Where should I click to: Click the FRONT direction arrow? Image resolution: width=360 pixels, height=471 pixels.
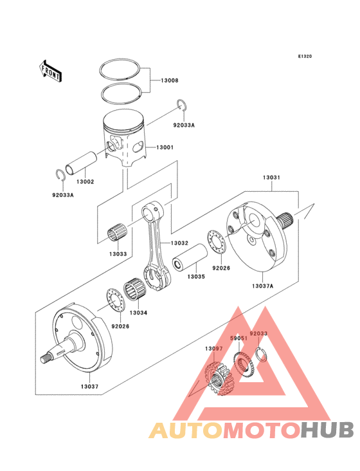coord(50,71)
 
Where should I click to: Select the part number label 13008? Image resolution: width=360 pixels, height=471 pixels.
coord(170,80)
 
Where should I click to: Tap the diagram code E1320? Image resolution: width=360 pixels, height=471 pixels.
coord(305,56)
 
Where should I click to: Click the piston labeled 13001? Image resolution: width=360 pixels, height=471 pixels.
coord(124,138)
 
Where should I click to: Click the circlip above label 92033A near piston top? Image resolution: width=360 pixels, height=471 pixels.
coord(182,105)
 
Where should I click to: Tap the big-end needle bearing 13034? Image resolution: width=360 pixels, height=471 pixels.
coord(136,289)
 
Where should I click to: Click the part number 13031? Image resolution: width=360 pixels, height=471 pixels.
coord(271,178)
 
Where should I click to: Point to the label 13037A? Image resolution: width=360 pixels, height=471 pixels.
coord(262,286)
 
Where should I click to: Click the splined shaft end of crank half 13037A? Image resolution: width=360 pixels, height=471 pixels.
coord(286,221)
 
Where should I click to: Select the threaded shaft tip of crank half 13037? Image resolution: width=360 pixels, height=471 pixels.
coord(45,358)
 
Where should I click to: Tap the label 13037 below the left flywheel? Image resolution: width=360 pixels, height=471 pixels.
coord(89,386)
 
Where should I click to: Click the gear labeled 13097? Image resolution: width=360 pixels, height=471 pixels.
coord(219,379)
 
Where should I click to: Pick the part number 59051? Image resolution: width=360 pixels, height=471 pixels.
coord(239,338)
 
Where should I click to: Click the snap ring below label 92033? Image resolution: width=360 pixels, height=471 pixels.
coord(262,354)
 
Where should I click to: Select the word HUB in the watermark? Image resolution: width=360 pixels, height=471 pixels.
coord(327,430)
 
